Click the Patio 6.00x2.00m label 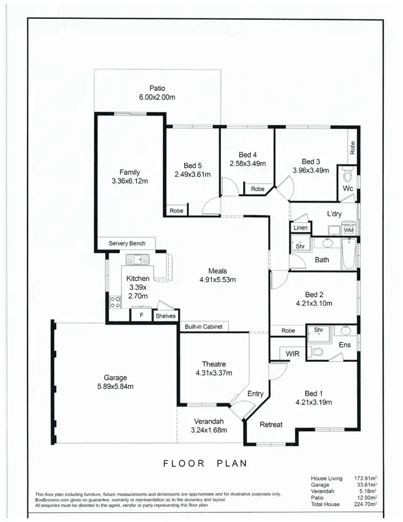click(x=157, y=93)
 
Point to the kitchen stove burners click(x=115, y=302)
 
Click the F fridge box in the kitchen click(x=141, y=316)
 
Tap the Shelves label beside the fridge click(x=165, y=316)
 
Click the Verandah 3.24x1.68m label click(x=208, y=426)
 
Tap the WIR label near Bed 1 click(x=292, y=353)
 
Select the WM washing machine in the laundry click(x=349, y=230)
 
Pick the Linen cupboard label click(x=300, y=228)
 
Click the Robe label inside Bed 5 click(x=176, y=211)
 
